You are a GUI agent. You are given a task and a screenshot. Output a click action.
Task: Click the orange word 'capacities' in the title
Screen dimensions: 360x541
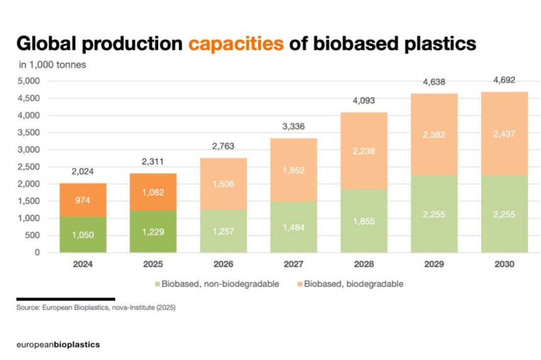click(x=235, y=44)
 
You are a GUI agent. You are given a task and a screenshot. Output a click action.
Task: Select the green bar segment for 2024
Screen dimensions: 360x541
click(x=83, y=234)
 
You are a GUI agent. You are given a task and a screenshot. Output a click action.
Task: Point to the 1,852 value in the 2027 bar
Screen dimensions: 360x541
click(x=293, y=171)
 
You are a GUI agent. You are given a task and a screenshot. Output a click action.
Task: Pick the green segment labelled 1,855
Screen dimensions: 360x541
click(x=363, y=221)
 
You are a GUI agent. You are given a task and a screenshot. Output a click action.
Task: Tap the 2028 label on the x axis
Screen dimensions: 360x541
click(x=363, y=265)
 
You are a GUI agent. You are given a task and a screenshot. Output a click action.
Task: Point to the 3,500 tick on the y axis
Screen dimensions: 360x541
click(x=30, y=133)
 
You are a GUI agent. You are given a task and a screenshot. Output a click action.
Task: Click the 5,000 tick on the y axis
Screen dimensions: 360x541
click(x=30, y=81)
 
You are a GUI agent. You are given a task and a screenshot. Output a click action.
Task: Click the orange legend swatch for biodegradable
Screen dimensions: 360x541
click(x=298, y=284)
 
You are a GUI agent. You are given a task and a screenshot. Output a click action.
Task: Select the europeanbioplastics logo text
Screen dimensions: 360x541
click(x=58, y=345)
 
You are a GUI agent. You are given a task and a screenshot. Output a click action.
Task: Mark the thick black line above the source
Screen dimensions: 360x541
click(x=65, y=299)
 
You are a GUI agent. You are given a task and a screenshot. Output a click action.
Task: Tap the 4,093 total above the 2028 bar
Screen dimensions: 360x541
click(x=363, y=101)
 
